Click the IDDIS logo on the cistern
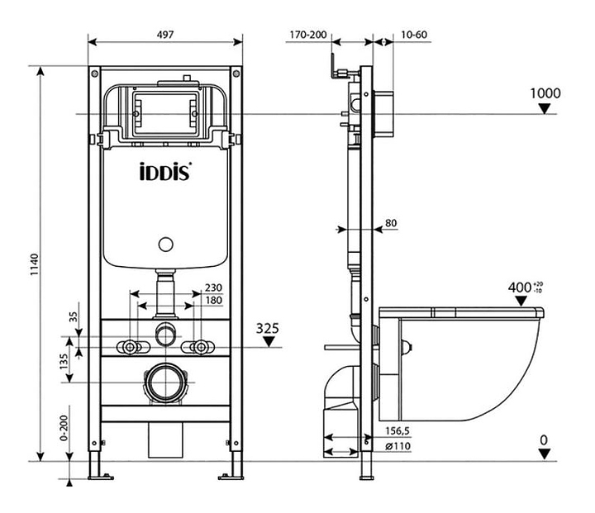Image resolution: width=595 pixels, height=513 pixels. [165, 172]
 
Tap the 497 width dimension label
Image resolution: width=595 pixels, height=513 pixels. [165, 35]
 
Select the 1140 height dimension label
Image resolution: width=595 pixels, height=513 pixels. [35, 264]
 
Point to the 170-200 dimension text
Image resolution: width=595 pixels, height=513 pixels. [307, 35]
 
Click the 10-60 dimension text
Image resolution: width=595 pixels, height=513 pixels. [414, 35]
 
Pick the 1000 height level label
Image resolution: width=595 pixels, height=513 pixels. [545, 93]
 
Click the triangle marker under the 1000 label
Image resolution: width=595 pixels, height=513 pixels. [545, 109]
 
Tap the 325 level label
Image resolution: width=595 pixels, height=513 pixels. [267, 328]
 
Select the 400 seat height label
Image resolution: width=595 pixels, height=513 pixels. [519, 287]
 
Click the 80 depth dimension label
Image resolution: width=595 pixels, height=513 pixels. [391, 223]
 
